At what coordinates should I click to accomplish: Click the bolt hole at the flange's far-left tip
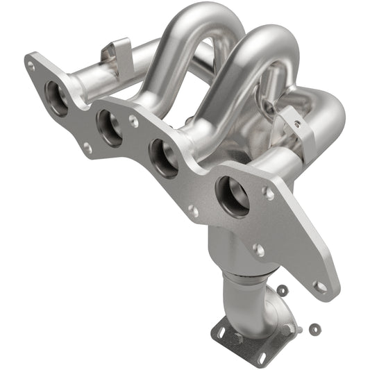31,67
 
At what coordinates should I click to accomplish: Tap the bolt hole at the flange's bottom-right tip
320,285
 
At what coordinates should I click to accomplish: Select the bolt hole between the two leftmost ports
87,146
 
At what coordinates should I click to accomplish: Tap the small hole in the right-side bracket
297,125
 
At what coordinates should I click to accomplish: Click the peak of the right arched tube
267,33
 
